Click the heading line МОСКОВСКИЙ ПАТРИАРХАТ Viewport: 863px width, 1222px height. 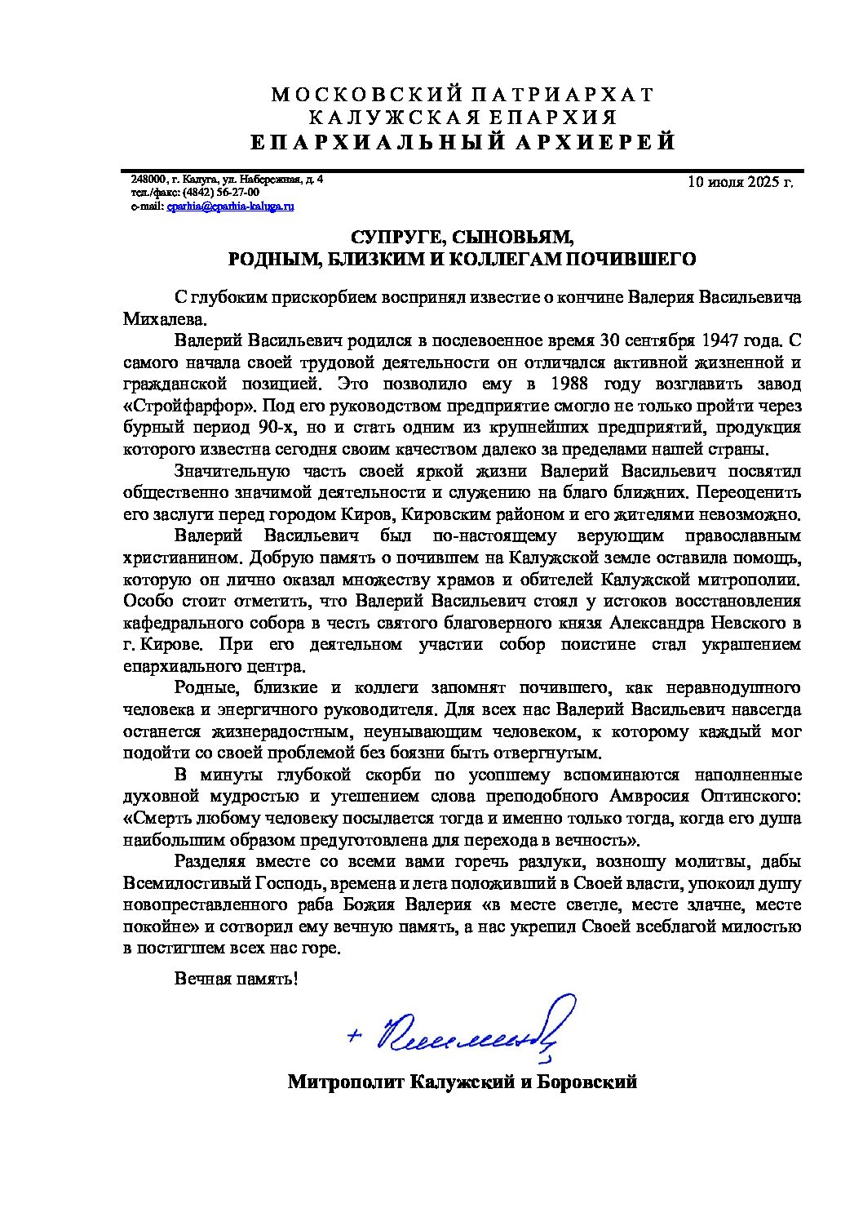462,95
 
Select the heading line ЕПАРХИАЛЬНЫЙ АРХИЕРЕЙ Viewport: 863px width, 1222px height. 462,142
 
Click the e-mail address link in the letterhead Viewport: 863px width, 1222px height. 230,207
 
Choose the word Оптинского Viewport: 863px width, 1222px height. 751,796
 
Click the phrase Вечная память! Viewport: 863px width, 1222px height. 237,978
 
